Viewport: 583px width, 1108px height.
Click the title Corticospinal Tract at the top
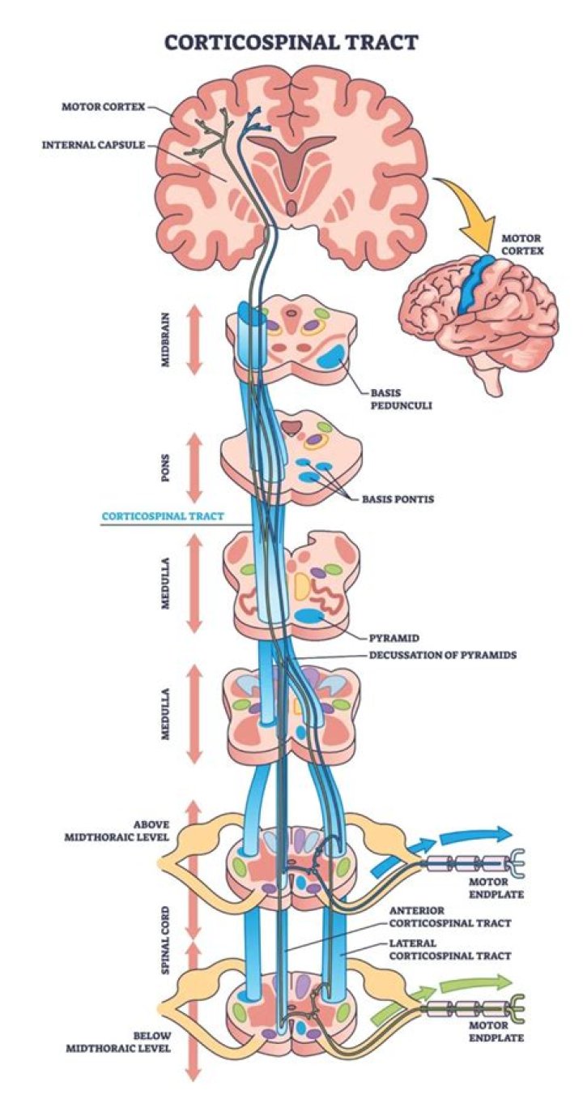click(291, 41)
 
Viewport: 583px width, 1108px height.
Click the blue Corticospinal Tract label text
click(163, 515)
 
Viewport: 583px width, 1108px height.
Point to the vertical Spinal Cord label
click(165, 939)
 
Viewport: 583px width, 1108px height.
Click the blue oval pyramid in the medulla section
click(309, 617)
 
